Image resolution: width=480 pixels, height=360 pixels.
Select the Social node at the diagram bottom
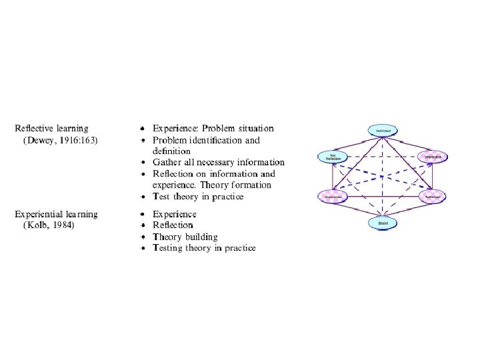click(x=383, y=223)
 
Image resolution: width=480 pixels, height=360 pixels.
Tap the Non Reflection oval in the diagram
click(x=333, y=158)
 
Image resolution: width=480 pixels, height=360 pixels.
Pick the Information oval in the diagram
click(x=433, y=158)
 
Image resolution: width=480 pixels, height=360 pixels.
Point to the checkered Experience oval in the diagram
click(x=333, y=197)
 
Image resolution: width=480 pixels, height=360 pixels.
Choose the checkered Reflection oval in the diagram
click(x=433, y=197)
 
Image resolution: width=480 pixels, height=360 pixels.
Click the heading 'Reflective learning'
click(x=52, y=128)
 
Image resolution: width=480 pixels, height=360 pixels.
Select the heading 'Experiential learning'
click(x=57, y=214)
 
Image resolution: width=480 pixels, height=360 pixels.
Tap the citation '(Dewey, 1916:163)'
click(x=61, y=139)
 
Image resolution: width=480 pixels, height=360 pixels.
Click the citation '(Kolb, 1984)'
click(x=49, y=225)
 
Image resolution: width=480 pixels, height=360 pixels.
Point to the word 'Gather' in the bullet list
click(x=169, y=162)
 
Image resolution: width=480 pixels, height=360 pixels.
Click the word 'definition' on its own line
click(x=172, y=151)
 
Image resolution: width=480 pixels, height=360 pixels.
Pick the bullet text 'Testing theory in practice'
click(x=204, y=248)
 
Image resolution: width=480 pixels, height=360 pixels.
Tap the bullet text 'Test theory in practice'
click(x=198, y=197)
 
